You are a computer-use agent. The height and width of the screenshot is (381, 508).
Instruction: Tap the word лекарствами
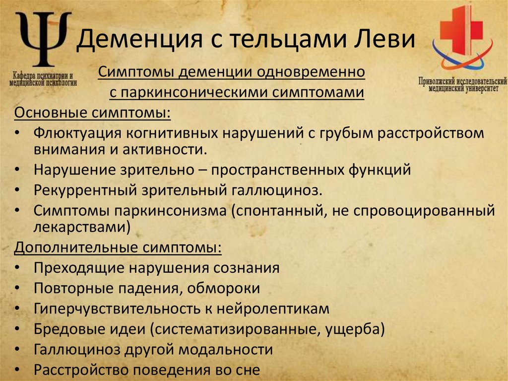(79, 227)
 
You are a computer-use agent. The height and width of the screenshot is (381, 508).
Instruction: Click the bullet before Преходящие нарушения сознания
(18, 268)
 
